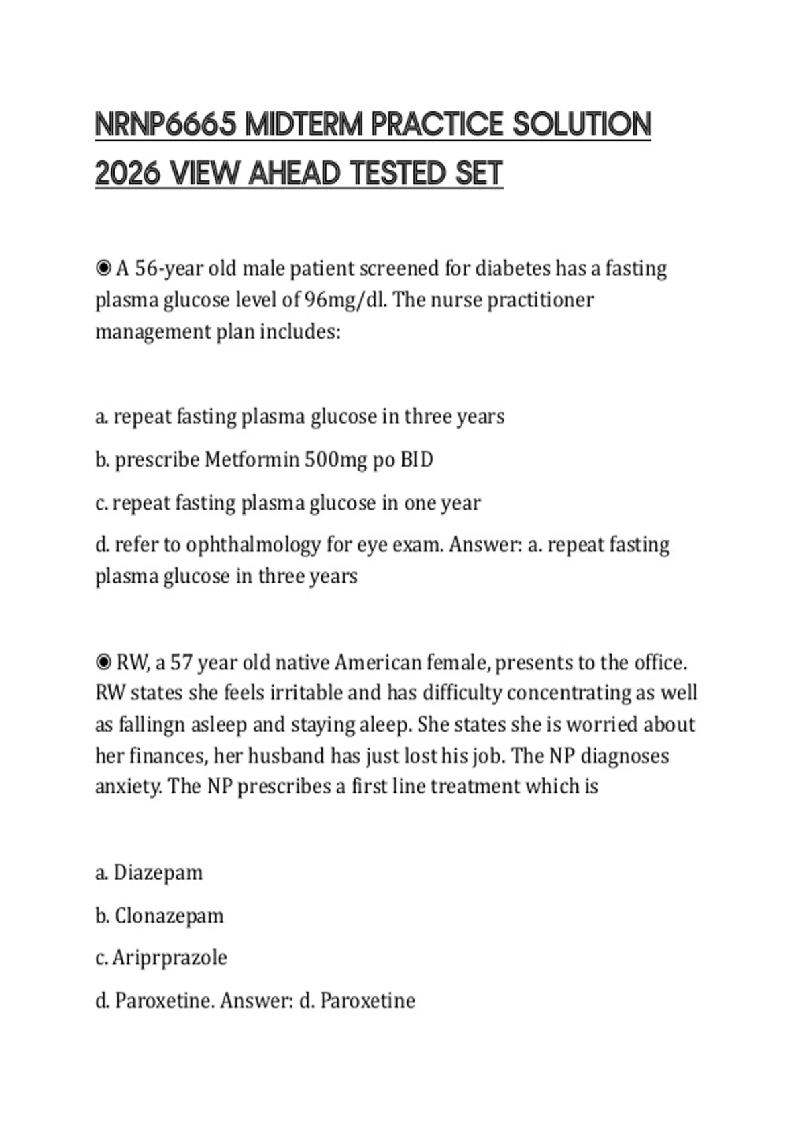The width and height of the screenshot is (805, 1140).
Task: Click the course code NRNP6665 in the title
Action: point(166,125)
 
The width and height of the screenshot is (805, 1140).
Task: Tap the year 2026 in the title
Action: point(127,174)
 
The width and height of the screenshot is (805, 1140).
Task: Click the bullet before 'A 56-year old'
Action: point(103,268)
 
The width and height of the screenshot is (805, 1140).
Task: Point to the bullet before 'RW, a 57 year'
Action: point(103,663)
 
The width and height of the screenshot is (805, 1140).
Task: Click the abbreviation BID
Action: point(417,459)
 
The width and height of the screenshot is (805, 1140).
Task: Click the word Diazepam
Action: point(158,872)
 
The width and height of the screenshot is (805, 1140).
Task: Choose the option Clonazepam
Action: point(169,915)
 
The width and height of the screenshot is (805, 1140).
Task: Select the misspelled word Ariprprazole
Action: point(170,957)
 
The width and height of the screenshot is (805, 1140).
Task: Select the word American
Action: point(378,663)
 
